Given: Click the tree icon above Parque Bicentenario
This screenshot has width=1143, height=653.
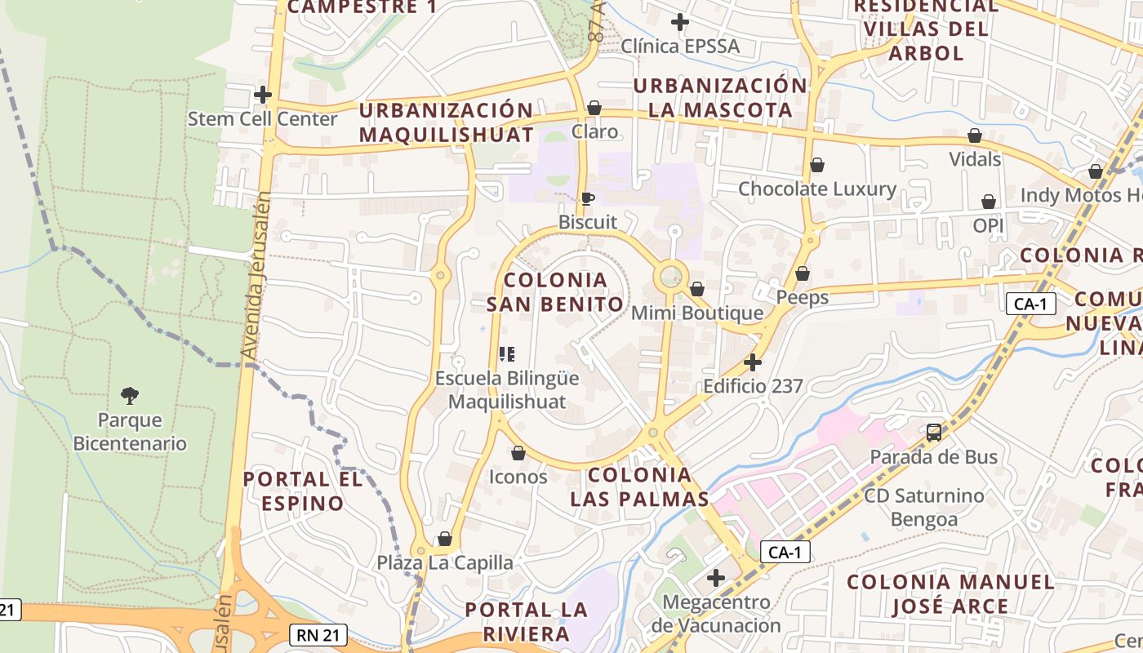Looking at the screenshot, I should coord(129,397).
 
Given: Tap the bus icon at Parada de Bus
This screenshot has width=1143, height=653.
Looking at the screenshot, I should coord(934,433).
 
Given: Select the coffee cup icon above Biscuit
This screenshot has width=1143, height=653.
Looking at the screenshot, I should coord(587,198).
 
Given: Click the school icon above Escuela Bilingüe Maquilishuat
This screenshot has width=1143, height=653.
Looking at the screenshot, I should coord(507,354).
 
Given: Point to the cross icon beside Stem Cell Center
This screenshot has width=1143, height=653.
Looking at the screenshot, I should coord(262,95).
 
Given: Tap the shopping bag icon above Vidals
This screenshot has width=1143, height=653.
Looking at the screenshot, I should coord(974,135).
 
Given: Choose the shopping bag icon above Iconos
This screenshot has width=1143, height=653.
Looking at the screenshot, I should coord(518,453).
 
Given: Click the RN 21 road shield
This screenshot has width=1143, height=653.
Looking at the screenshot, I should coord(318,635).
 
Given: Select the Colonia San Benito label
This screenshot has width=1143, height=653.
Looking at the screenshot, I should coord(556,292).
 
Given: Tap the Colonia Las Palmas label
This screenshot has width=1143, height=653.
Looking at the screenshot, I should coord(639,486).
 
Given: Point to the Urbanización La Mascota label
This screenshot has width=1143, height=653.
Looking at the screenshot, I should coord(719,97).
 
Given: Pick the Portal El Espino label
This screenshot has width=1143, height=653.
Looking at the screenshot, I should coord(302,491).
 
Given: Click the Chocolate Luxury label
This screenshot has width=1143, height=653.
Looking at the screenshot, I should coord(817,189).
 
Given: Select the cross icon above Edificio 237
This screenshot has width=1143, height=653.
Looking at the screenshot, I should coord(753,362).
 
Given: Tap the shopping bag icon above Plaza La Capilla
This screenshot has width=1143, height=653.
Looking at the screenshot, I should coord(445,539).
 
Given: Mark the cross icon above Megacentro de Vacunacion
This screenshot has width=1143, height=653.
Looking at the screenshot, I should coord(716,579).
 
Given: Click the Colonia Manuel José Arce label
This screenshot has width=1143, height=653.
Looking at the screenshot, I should coord(950,594).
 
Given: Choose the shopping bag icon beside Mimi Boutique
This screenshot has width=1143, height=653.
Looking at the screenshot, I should coord(696,289).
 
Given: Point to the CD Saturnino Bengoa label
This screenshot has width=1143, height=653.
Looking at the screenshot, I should coord(924,507).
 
